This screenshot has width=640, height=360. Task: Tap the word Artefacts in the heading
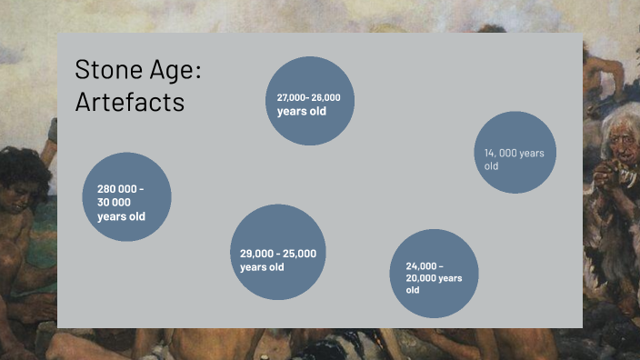(129, 102)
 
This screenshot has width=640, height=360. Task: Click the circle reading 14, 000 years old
(515, 153)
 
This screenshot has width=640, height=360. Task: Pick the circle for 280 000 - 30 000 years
(126, 196)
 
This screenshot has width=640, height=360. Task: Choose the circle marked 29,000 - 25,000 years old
(277, 253)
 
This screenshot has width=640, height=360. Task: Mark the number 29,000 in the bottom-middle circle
(257, 254)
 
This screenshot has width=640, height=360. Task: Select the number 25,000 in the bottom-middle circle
(300, 254)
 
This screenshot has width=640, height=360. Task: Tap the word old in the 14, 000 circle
(492, 166)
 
